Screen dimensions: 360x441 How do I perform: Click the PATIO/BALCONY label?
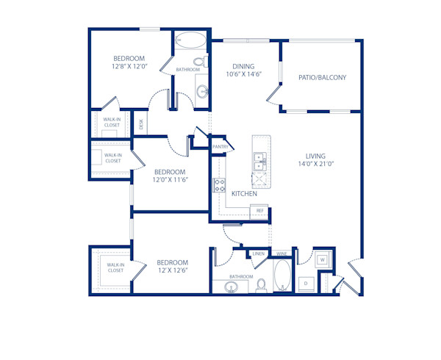pyautogui.click(x=322, y=77)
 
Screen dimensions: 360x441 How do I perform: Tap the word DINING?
pyautogui.click(x=243, y=65)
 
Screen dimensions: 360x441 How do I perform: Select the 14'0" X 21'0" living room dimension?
pyautogui.click(x=316, y=165)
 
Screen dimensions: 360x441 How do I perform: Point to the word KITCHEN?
pyautogui.click(x=244, y=194)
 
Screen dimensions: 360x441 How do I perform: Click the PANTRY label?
pyautogui.click(x=220, y=147)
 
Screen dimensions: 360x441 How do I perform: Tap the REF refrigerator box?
pyautogui.click(x=259, y=211)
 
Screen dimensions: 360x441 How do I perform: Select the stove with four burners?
pyautogui.click(x=218, y=185)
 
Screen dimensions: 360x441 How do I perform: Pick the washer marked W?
pyautogui.click(x=322, y=259)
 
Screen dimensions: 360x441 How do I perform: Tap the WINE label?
pyautogui.click(x=282, y=254)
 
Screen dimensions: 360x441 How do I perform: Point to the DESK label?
pyautogui.click(x=141, y=124)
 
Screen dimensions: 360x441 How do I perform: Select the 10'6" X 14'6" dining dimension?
pyautogui.click(x=243, y=74)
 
